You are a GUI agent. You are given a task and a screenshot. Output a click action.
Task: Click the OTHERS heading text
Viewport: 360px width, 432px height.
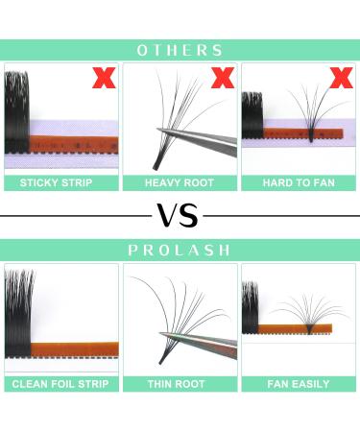[180, 50]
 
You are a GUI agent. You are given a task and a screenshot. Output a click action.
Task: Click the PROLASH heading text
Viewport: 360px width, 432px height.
[180, 250]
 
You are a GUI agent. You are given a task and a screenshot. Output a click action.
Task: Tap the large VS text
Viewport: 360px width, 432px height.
[180, 215]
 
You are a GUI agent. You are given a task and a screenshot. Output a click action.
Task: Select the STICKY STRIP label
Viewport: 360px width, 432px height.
[61, 182]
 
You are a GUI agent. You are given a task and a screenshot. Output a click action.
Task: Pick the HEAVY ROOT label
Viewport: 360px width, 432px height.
[180, 182]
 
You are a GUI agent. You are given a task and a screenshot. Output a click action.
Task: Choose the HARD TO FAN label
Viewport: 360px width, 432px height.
[298, 182]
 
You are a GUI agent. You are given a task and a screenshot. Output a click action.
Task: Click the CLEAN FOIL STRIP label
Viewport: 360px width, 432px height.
[61, 384]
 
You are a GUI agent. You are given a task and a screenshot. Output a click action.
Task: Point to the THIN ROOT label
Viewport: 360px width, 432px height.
[180, 384]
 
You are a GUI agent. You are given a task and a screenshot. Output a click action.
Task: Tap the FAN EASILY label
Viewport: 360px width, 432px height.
[298, 384]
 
